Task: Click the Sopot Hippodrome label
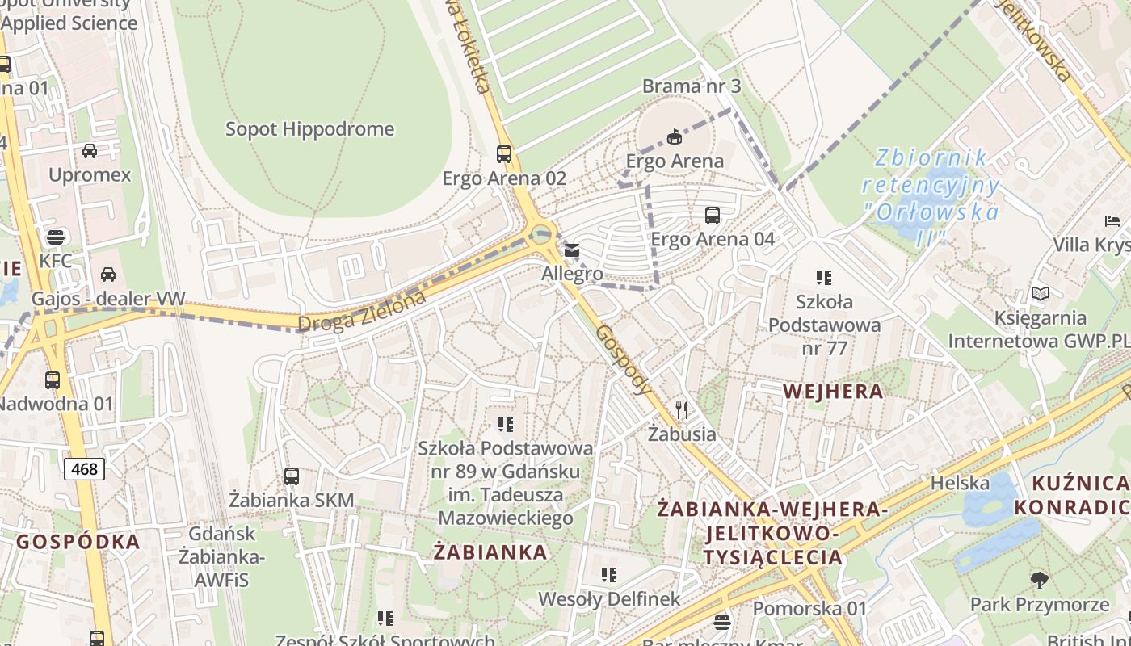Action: [x=309, y=129]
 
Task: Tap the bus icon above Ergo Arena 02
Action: [x=504, y=153]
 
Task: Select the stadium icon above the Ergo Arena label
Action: [x=675, y=136]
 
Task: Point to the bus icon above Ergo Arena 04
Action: [x=712, y=216]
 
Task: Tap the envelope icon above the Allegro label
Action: [x=572, y=250]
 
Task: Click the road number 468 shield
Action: [x=84, y=468]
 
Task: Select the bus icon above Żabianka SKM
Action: [x=292, y=476]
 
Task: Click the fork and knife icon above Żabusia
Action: [x=682, y=410]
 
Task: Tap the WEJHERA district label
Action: [x=833, y=392]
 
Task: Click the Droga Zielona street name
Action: [x=362, y=312]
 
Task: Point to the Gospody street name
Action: [x=624, y=360]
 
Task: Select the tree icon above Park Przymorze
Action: [x=1039, y=580]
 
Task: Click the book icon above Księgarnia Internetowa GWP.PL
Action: [x=1041, y=294]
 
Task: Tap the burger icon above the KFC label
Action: [x=55, y=237]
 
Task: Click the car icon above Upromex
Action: [x=90, y=151]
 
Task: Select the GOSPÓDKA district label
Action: [x=78, y=542]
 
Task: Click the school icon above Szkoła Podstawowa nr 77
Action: [x=823, y=278]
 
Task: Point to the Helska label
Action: [x=960, y=483]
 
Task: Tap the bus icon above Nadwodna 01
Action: [x=53, y=380]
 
